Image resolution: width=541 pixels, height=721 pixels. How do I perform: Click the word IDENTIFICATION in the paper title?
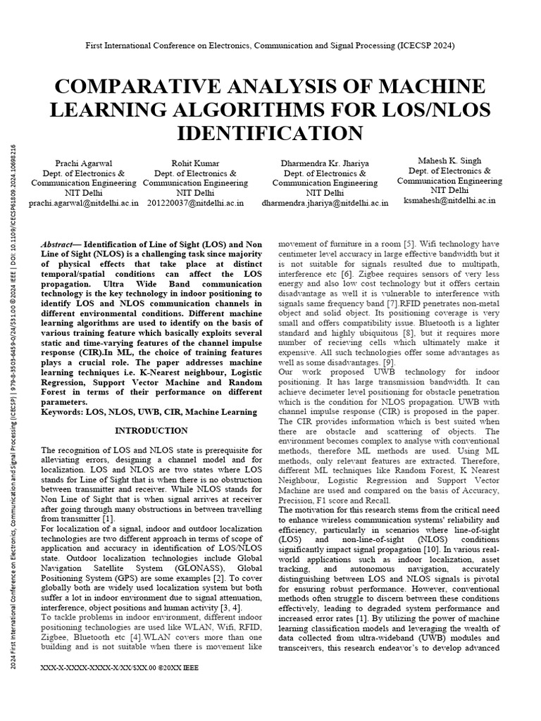270,133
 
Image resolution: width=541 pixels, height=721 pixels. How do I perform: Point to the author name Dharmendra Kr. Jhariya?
325,163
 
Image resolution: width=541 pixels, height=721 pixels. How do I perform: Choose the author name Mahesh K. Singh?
448,161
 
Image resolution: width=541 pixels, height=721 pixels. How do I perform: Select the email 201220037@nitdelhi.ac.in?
193,203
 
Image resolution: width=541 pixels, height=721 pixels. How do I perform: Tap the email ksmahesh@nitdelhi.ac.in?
448,200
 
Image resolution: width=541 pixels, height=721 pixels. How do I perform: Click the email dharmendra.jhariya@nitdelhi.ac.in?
325,203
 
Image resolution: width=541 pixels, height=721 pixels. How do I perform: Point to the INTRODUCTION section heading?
151,431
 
